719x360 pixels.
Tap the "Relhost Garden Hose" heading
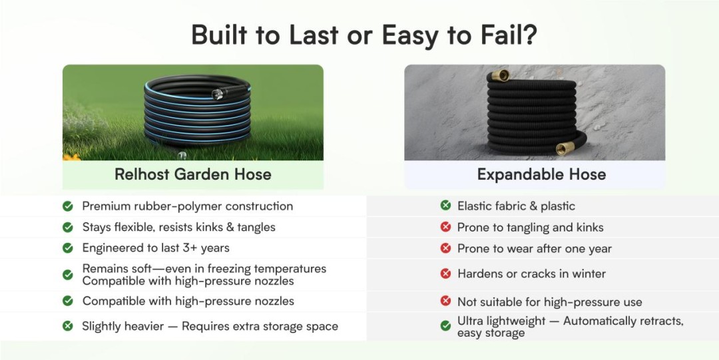192,174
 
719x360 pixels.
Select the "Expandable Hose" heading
541,174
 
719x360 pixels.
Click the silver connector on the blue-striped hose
217,94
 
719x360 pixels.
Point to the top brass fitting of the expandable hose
500,76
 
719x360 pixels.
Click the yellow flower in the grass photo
71,157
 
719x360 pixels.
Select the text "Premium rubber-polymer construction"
188,206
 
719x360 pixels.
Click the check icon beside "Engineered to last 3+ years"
68,248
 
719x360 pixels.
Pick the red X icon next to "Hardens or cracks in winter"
445,273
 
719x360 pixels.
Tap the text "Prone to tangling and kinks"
530,228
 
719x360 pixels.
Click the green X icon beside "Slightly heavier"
68,326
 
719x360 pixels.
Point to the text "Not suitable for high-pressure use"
550,302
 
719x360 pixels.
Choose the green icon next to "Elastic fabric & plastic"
445,206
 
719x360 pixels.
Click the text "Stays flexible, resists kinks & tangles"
179,227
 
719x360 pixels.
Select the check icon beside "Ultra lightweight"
445,326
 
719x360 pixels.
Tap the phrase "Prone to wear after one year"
535,249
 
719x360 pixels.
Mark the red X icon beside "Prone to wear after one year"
445,249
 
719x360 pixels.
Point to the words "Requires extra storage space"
260,327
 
